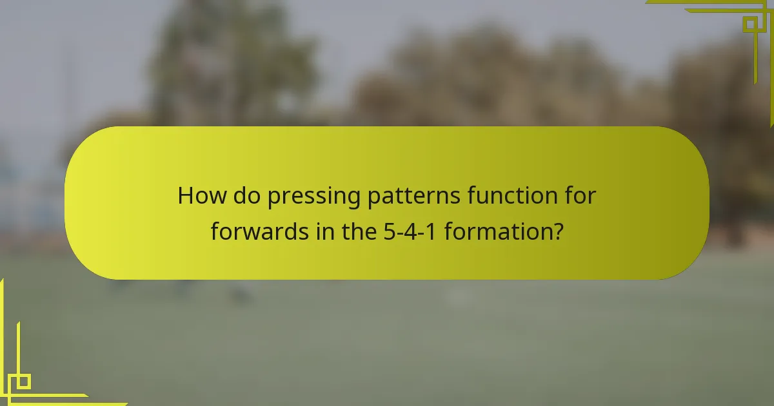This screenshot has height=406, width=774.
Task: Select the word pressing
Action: click(313, 197)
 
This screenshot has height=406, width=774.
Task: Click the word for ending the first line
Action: click(579, 195)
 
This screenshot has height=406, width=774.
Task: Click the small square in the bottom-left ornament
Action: click(23, 382)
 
